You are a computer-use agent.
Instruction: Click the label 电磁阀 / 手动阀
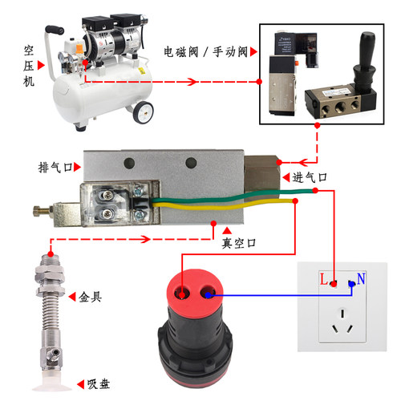[205, 51]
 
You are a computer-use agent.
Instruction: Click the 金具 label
[91, 297]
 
